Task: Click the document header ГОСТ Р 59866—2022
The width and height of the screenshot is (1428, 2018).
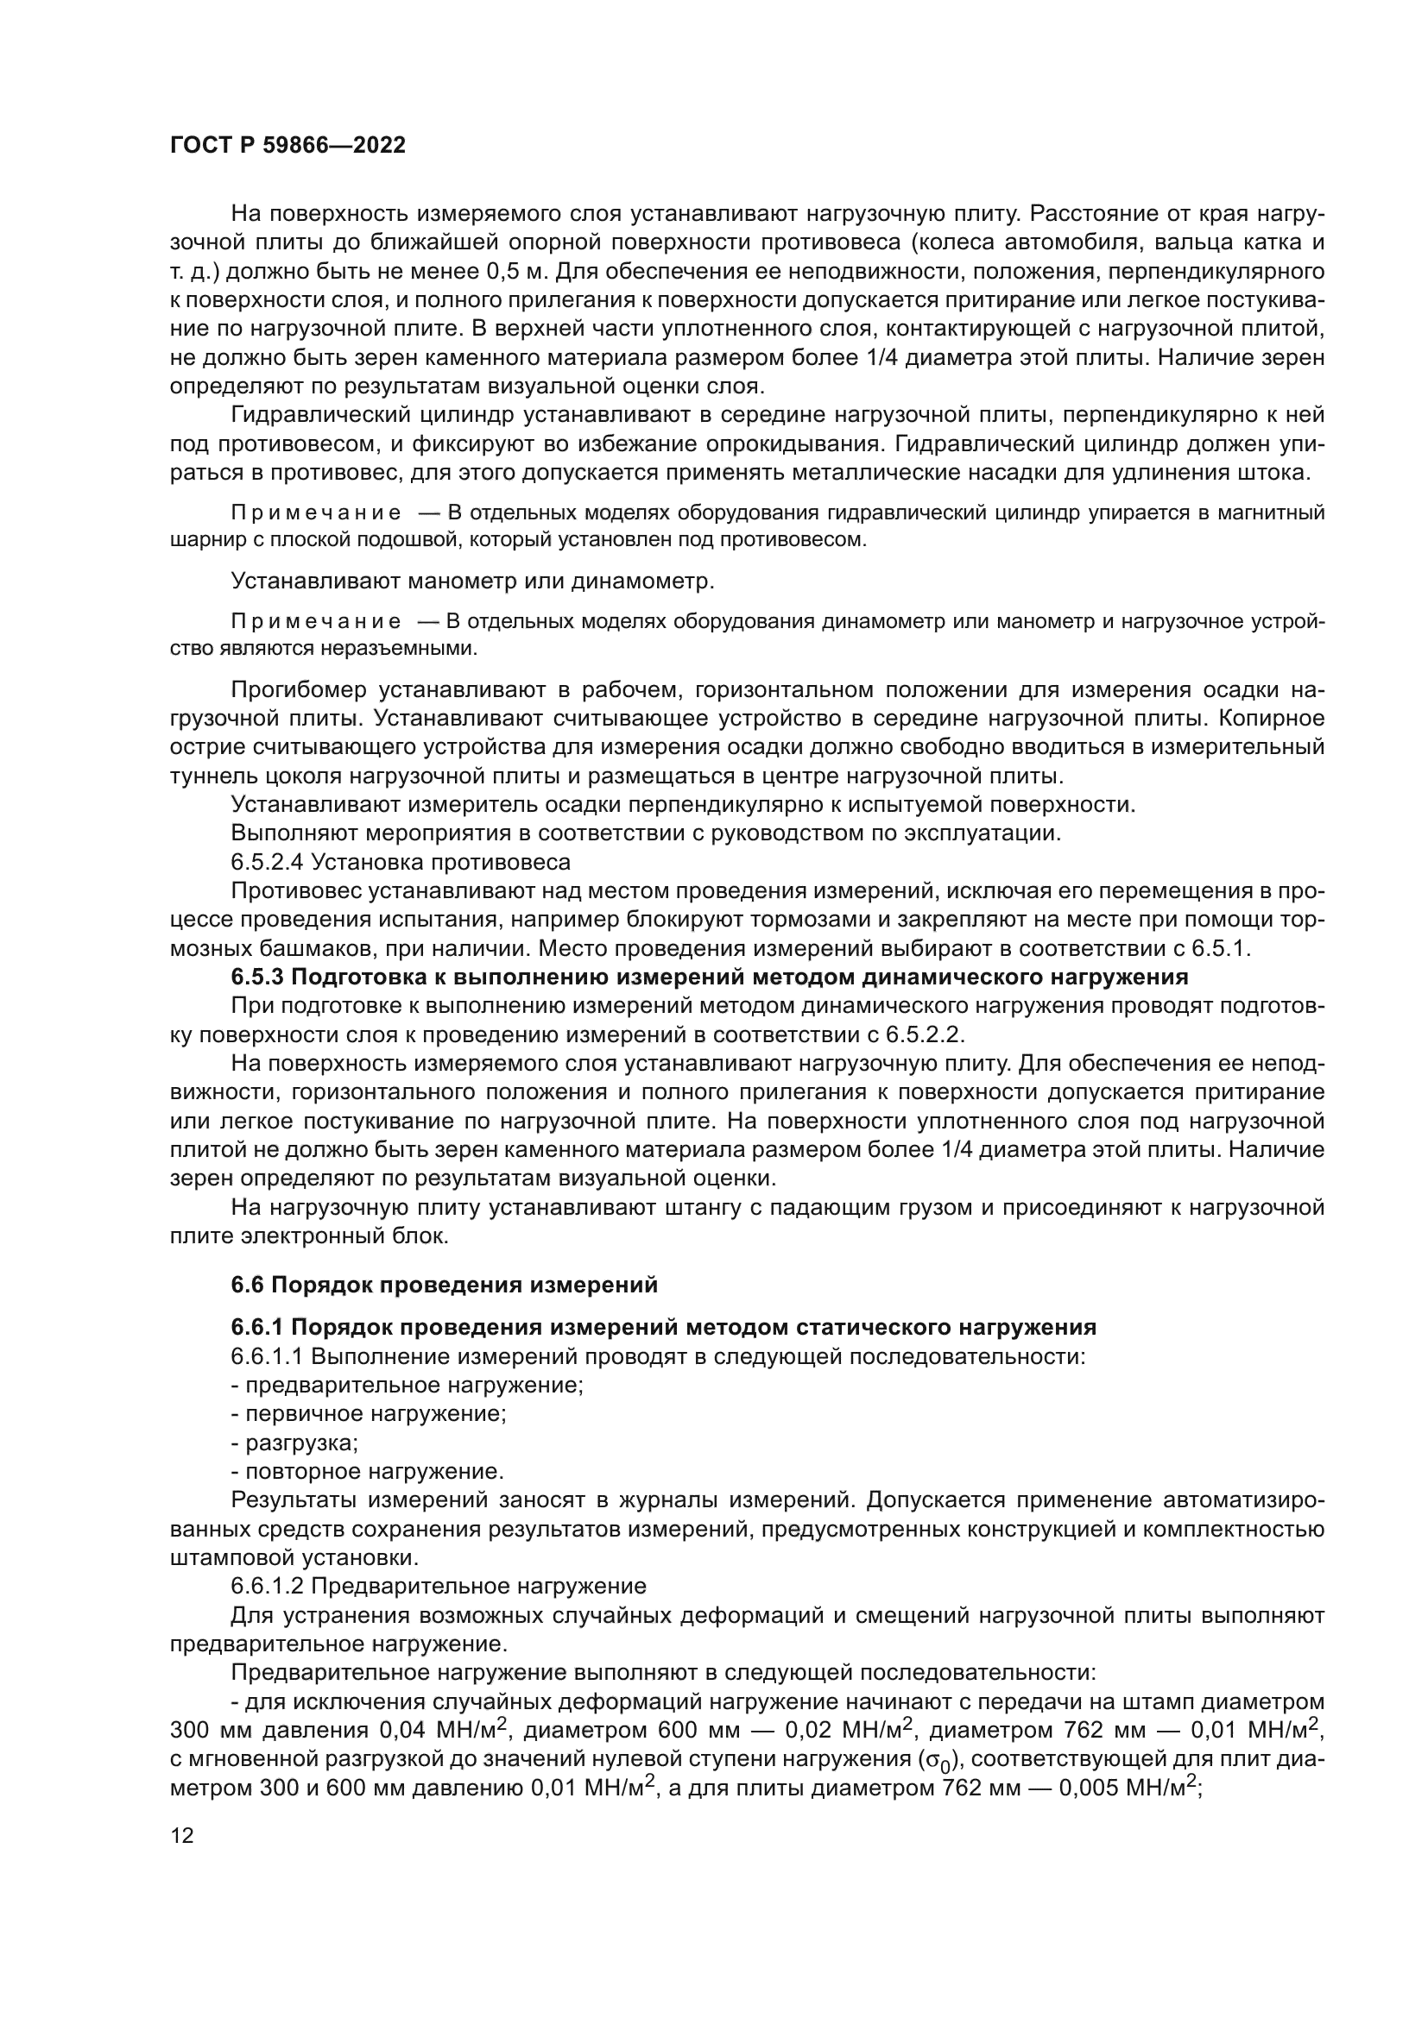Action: coord(287,145)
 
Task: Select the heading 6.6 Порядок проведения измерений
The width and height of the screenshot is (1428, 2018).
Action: coord(444,1285)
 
